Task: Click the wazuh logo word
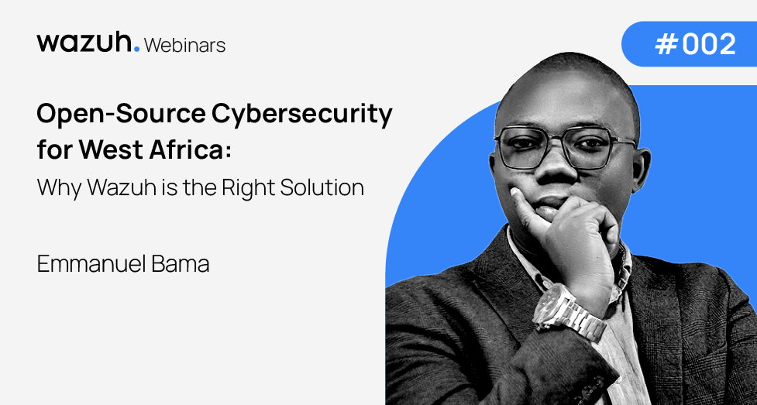point(84,43)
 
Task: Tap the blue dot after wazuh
point(136,49)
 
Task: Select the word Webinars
point(185,45)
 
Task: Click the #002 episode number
point(695,44)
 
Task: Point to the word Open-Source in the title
point(120,115)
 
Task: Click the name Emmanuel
point(95,265)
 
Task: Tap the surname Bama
point(185,265)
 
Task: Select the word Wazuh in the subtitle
point(116,187)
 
